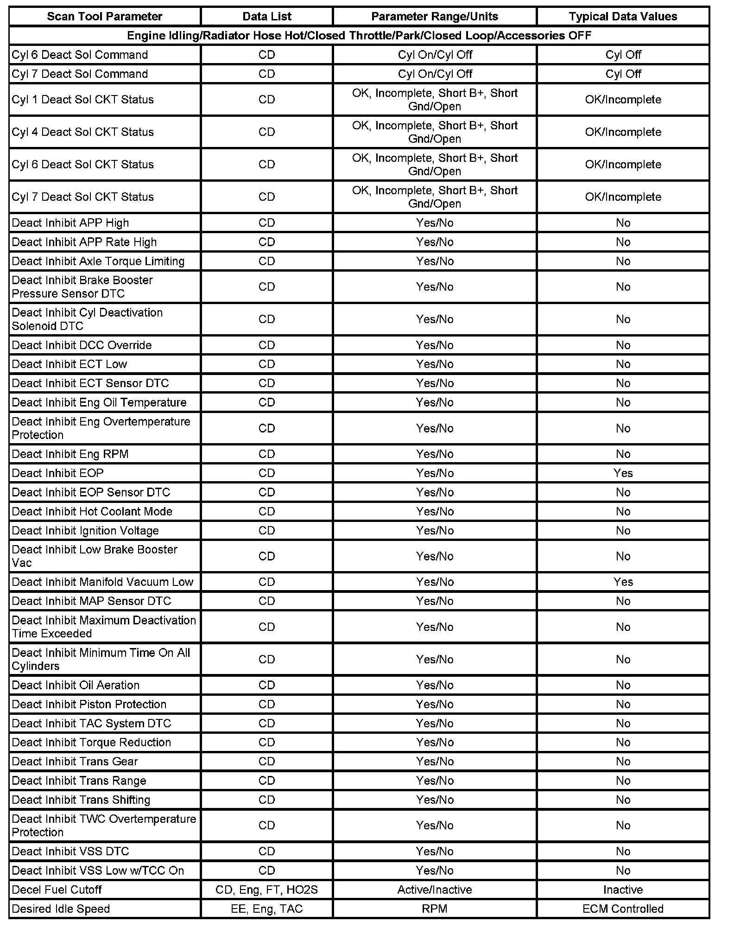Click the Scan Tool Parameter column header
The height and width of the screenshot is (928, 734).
[105, 17]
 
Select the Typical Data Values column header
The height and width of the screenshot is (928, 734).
[623, 17]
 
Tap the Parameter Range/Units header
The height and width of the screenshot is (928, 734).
[435, 17]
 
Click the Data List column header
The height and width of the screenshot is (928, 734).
[267, 17]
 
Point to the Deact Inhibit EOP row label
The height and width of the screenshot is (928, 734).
[58, 473]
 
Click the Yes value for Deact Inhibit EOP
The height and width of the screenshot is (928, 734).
[623, 473]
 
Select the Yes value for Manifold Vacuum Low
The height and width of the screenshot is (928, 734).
[623, 582]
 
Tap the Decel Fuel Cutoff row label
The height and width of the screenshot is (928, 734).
[57, 890]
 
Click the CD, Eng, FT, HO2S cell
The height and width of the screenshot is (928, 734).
[267, 890]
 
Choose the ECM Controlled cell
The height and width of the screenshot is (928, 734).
[623, 909]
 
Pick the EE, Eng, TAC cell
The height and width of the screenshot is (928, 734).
[267, 909]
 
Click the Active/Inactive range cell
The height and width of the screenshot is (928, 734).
[435, 890]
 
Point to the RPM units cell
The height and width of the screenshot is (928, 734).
[435, 909]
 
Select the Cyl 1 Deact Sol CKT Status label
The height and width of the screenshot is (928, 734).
[83, 100]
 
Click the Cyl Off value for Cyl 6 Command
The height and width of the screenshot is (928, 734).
[623, 55]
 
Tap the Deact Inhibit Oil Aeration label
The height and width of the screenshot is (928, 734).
[76, 685]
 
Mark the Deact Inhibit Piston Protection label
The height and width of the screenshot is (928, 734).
[89, 704]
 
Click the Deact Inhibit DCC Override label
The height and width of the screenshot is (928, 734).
[82, 345]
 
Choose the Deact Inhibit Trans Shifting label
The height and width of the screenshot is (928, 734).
[81, 800]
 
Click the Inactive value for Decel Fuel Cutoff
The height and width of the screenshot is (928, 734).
[623, 890]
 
